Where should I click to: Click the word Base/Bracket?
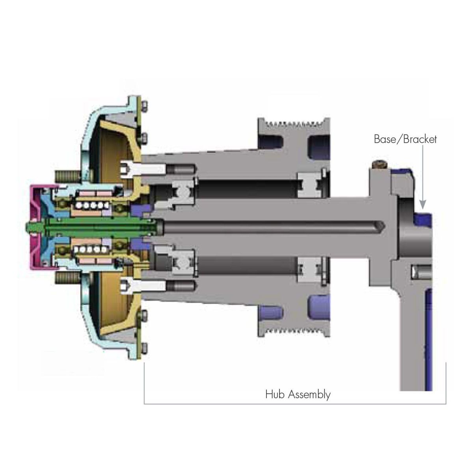tap(405, 139)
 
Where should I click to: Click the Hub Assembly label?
tap(298, 395)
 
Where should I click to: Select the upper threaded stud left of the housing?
tap(67, 175)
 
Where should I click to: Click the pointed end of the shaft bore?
tap(384, 227)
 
